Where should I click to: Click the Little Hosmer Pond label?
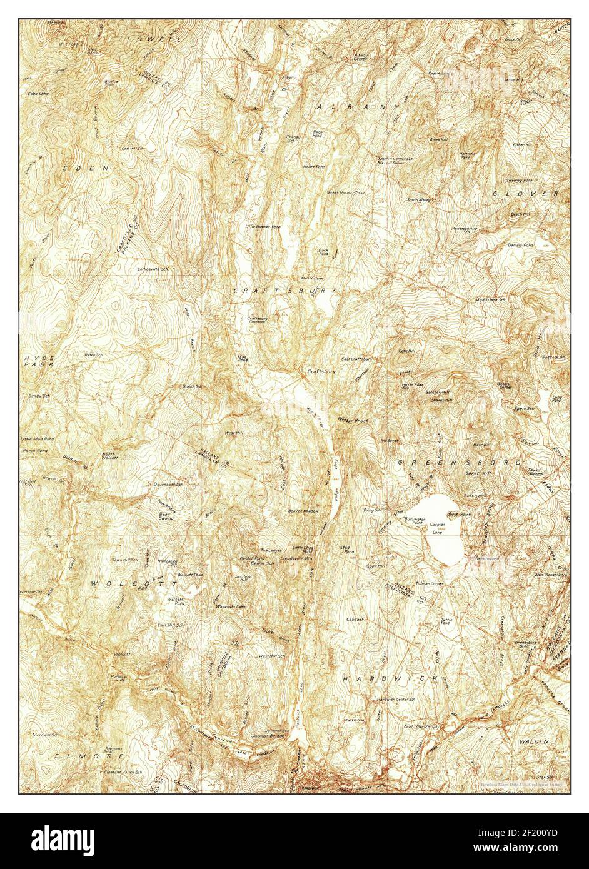pos(263,226)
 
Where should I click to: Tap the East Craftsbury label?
pos(357,359)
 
